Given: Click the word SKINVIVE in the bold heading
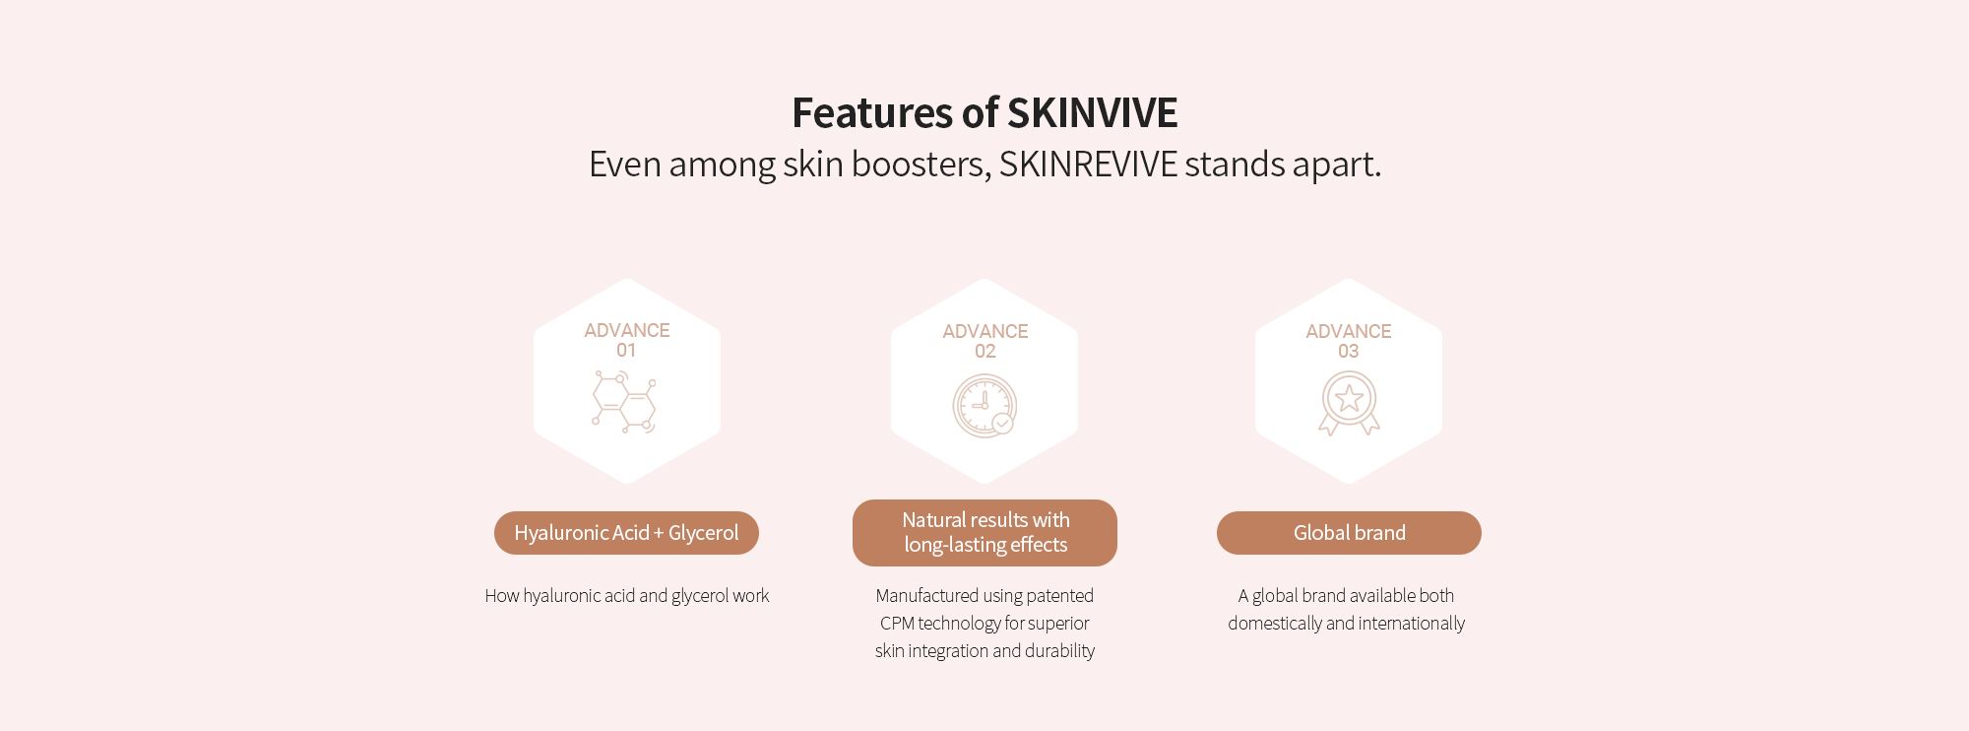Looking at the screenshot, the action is pyautogui.click(x=1093, y=113).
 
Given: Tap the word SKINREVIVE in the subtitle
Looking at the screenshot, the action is pyautogui.click(x=1088, y=164).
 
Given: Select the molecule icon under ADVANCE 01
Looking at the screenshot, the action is pyautogui.click(x=624, y=402).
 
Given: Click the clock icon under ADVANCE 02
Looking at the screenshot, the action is pyautogui.click(x=984, y=406).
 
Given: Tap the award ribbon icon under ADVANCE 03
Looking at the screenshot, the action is pyautogui.click(x=1349, y=403).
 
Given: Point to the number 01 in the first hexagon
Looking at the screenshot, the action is pyautogui.click(x=626, y=351).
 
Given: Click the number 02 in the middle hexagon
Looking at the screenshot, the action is pyautogui.click(x=985, y=352).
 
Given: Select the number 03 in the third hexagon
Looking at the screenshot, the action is pyautogui.click(x=1349, y=352).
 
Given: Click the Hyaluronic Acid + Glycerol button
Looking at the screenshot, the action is pyautogui.click(x=626, y=533).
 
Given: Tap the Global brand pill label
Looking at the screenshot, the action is pyautogui.click(x=1349, y=533).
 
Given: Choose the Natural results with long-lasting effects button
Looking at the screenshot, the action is pyautogui.click(x=984, y=533).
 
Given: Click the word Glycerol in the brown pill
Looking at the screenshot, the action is pyautogui.click(x=703, y=533).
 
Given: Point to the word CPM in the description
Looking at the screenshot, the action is pyautogui.click(x=897, y=624).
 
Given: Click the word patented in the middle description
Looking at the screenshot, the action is pyautogui.click(x=1060, y=596).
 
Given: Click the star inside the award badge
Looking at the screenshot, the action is pyautogui.click(x=1349, y=398).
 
